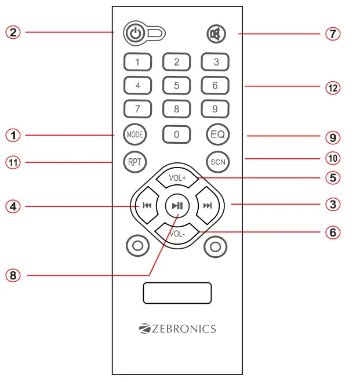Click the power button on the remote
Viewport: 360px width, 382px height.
point(134,34)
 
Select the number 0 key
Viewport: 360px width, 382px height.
point(176,134)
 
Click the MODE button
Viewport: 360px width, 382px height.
point(134,134)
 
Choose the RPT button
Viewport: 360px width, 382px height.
point(134,162)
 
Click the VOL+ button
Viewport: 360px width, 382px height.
point(177,178)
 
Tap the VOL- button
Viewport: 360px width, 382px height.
point(177,234)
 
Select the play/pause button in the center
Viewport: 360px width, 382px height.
point(177,206)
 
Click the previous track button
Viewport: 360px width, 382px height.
point(147,206)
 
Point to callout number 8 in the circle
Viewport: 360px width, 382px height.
point(13,275)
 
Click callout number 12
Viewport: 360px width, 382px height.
point(332,88)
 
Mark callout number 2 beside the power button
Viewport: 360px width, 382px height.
point(13,32)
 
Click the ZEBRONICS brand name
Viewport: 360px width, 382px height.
point(177,329)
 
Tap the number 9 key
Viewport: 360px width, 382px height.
point(215,108)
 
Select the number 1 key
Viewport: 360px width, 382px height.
point(137,62)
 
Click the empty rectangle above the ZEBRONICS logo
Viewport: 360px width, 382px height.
point(177,293)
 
